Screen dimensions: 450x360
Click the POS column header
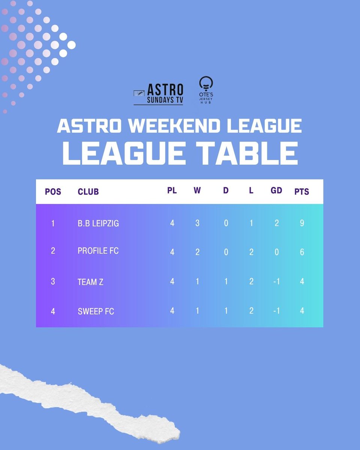tap(53, 192)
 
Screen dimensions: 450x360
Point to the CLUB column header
tap(88, 192)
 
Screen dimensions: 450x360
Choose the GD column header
tap(276, 190)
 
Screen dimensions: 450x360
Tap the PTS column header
tap(302, 192)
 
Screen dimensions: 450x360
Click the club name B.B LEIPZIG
tap(98, 224)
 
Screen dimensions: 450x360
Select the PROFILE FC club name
tap(98, 250)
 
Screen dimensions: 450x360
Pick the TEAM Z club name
tap(90, 282)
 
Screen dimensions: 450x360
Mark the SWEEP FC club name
tap(96, 311)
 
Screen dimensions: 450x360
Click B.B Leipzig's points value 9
tap(302, 223)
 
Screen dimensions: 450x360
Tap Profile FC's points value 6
tap(302, 252)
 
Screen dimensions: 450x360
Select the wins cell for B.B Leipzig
tap(197, 223)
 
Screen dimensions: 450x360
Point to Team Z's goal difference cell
tap(276, 281)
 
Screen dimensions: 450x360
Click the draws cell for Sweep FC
tap(226, 311)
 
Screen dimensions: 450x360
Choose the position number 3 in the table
tap(53, 281)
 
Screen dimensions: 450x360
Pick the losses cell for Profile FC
tap(251, 252)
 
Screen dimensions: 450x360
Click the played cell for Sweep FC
tap(172, 311)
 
